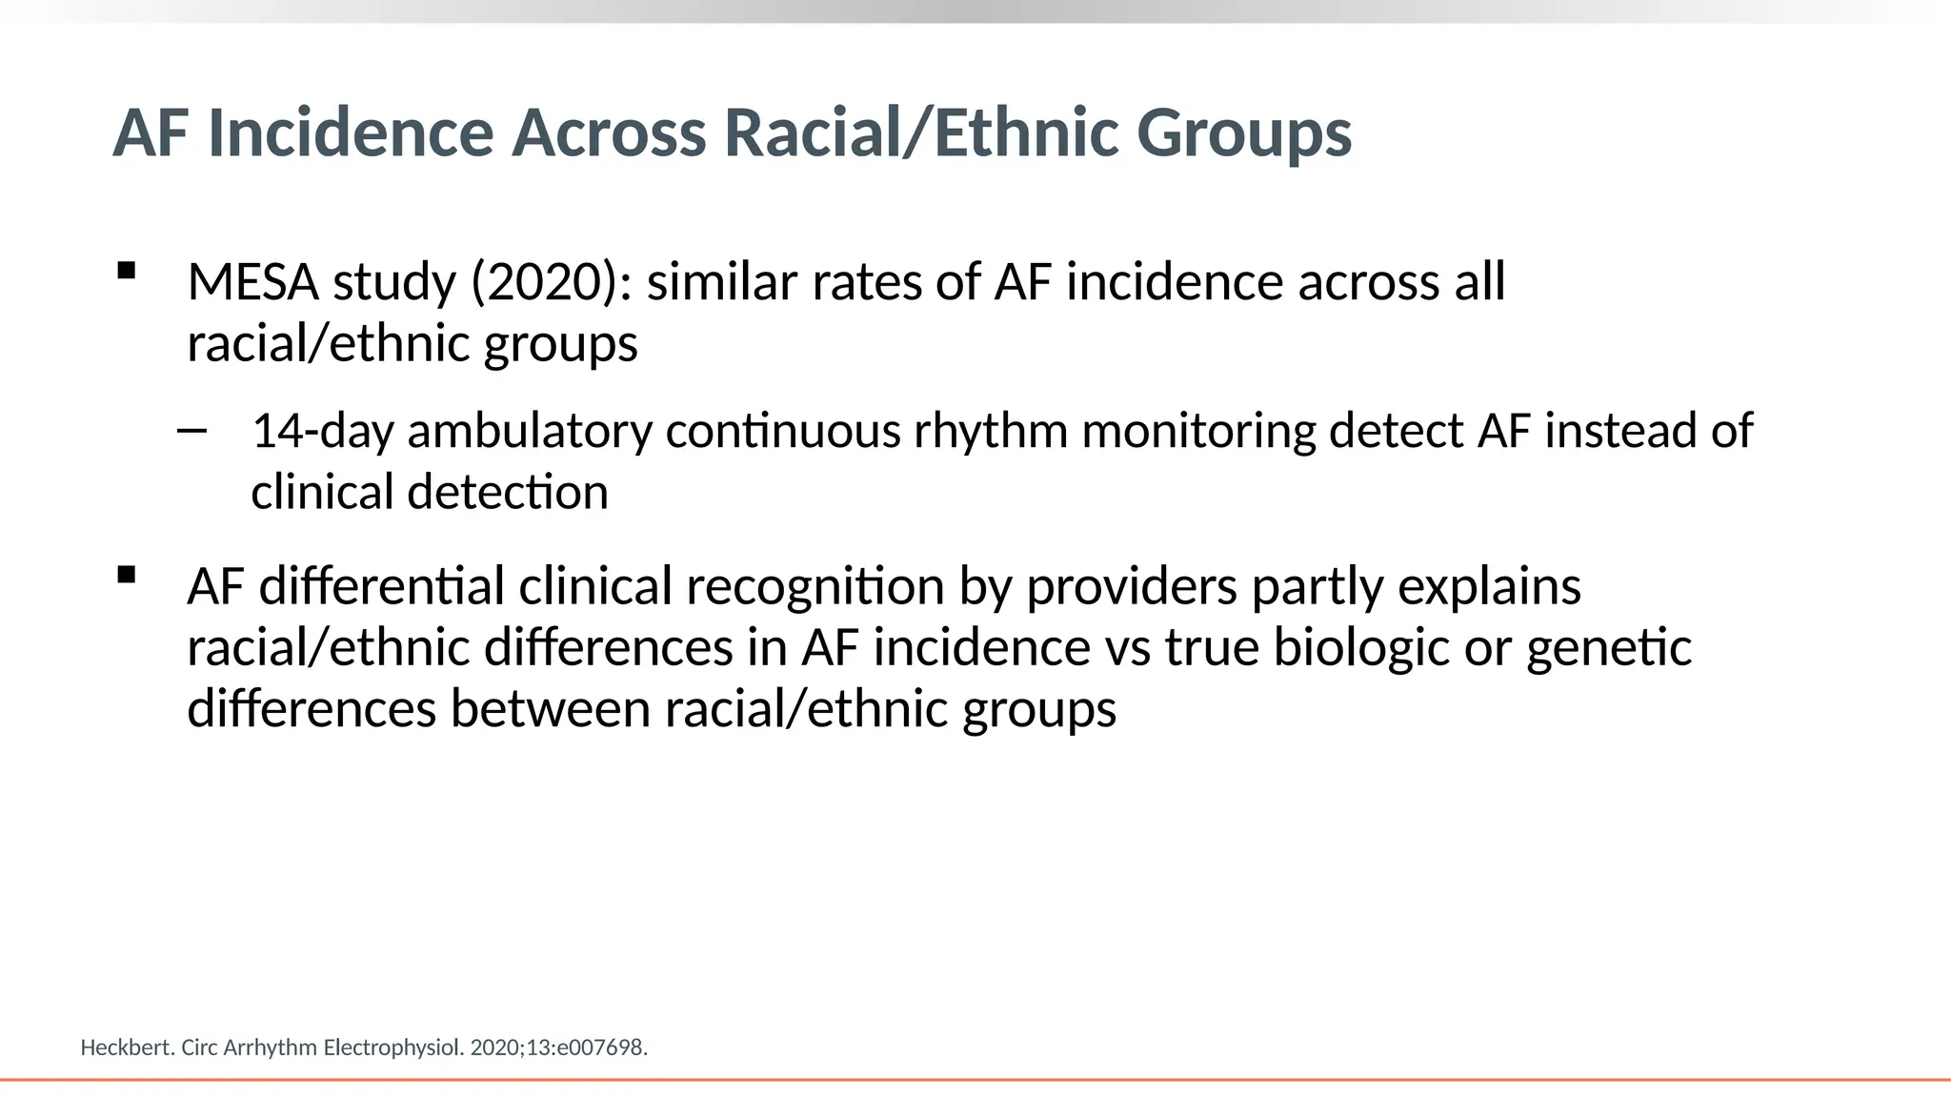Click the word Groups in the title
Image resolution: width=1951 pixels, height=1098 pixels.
(1243, 132)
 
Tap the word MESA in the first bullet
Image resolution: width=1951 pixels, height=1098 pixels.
(252, 283)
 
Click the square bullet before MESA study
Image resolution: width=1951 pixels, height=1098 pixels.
(126, 271)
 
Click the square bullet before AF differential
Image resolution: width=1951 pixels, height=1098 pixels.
(126, 575)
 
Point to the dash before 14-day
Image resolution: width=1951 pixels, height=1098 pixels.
(191, 432)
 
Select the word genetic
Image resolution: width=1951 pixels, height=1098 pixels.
(1608, 648)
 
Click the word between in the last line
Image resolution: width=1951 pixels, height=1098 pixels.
(550, 710)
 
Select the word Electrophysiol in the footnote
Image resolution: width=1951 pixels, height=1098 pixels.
(392, 1047)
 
